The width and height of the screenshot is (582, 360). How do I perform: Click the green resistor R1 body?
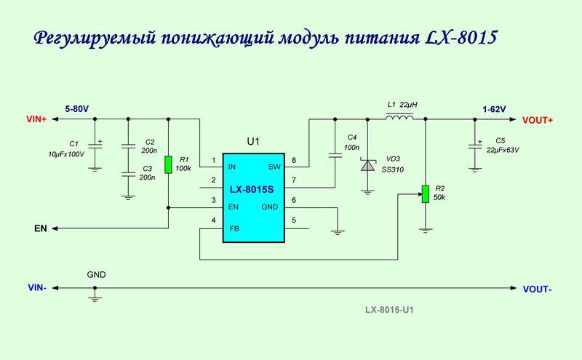tap(169, 164)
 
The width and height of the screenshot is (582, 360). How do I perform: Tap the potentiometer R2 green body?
tap(424, 194)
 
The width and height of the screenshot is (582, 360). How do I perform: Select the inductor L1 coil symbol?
tap(399, 118)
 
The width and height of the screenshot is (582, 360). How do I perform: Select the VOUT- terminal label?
tap(537, 289)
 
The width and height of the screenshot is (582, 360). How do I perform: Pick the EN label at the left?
tap(41, 228)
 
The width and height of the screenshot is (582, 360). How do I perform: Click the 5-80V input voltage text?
tap(76, 108)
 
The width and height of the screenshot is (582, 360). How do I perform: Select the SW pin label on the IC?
tap(274, 167)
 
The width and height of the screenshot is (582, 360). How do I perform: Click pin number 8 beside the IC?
tap(293, 159)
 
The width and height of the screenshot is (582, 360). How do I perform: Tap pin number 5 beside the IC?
tap(293, 220)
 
